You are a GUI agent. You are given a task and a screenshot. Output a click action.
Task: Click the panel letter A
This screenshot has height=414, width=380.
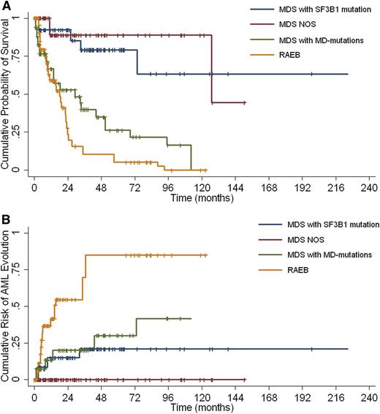5,5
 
